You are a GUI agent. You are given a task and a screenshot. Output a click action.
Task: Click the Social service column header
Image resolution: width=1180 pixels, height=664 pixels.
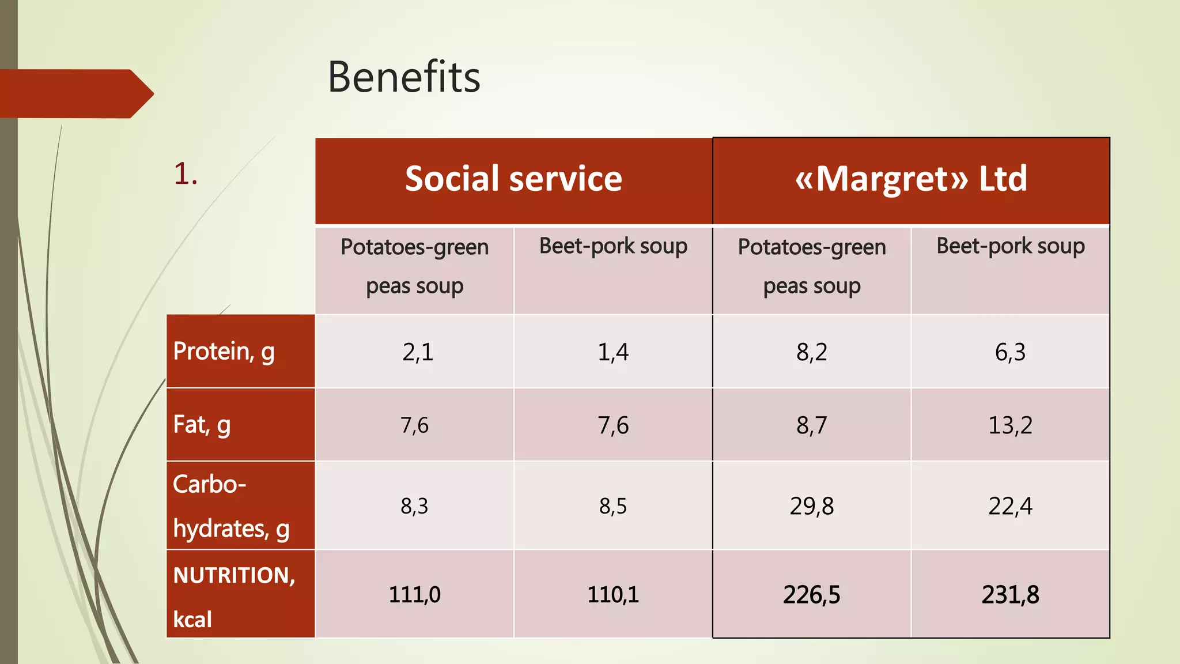click(513, 179)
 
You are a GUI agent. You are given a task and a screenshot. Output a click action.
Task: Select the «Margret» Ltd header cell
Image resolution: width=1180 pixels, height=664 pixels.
click(911, 179)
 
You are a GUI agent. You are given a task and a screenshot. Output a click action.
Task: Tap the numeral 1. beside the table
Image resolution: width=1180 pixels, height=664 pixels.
click(186, 173)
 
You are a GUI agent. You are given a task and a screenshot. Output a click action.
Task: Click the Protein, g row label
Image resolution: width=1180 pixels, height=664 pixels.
click(224, 352)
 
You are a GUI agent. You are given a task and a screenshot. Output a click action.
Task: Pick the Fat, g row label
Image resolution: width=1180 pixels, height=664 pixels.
click(202, 425)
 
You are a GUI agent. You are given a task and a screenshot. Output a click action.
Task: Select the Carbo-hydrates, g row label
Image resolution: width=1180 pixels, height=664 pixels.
click(230, 505)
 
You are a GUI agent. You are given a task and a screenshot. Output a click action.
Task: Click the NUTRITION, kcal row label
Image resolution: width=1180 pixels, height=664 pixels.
click(234, 595)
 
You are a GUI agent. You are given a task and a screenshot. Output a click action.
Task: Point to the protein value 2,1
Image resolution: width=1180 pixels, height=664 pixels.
click(417, 352)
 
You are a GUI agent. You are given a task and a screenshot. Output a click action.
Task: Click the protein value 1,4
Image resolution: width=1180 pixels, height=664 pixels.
click(612, 352)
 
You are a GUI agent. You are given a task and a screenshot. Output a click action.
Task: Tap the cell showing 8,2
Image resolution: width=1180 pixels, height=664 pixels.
click(811, 352)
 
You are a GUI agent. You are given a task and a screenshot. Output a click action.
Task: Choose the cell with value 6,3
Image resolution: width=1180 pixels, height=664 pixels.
click(1010, 352)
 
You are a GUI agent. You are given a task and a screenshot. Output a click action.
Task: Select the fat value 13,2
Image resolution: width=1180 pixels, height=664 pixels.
click(1010, 425)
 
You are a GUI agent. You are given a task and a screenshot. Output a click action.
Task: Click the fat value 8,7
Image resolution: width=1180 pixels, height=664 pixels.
click(811, 425)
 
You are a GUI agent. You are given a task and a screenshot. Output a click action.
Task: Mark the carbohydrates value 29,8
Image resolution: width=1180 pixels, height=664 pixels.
click(811, 506)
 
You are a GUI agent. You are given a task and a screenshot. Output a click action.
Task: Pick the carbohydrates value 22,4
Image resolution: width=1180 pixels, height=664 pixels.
click(1010, 506)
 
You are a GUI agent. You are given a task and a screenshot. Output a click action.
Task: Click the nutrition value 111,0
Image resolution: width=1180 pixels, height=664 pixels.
click(414, 595)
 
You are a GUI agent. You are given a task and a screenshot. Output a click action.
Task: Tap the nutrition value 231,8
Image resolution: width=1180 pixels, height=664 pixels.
click(1010, 595)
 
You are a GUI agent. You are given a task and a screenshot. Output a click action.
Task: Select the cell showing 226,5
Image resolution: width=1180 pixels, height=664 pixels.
click(811, 595)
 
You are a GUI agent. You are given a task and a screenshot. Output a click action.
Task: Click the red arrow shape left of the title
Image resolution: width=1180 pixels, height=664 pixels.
click(75, 94)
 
